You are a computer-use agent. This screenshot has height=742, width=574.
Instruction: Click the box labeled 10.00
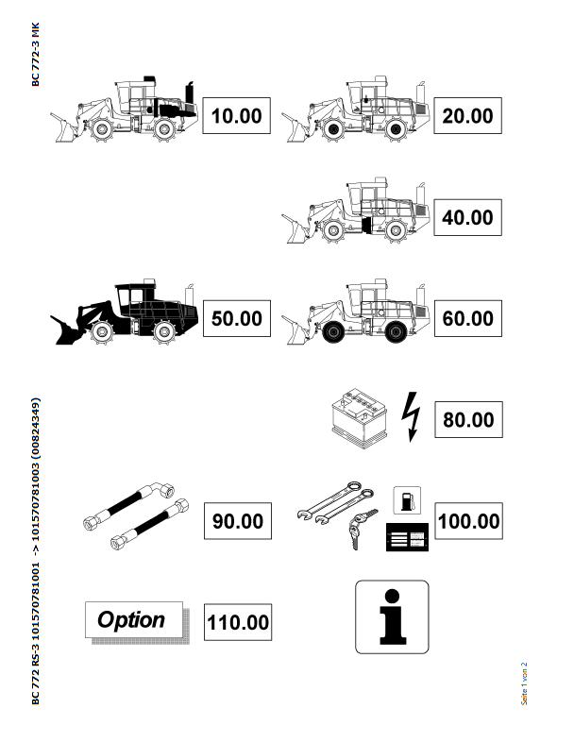click(x=237, y=116)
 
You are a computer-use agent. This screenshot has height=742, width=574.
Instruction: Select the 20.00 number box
click(x=467, y=116)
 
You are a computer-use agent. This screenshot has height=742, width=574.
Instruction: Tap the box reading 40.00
click(x=467, y=218)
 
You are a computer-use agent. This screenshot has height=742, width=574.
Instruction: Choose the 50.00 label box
click(x=237, y=318)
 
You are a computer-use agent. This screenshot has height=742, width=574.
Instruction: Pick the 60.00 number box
click(x=468, y=318)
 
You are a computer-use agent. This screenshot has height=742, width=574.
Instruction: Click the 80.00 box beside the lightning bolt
click(x=468, y=420)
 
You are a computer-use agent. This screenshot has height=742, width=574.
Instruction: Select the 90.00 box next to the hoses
click(x=238, y=521)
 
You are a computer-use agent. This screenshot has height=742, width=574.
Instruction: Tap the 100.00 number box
click(x=468, y=521)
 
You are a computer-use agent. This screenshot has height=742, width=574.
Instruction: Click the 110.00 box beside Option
click(x=238, y=622)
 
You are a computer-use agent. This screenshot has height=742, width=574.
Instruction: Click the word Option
click(x=131, y=620)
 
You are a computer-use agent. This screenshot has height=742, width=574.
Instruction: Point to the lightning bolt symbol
click(x=411, y=416)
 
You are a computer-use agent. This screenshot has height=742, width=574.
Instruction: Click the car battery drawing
click(x=360, y=418)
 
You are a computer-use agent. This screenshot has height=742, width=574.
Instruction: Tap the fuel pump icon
click(x=407, y=500)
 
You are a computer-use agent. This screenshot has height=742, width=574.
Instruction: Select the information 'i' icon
click(x=393, y=617)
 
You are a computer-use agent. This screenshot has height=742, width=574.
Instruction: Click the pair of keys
click(x=361, y=528)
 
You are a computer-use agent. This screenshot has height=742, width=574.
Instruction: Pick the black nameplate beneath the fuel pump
click(x=408, y=537)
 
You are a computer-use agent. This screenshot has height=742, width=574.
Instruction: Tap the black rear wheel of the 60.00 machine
click(x=396, y=331)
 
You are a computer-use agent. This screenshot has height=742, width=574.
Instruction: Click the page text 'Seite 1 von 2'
click(x=524, y=683)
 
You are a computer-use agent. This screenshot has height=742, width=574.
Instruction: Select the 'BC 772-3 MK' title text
click(x=36, y=55)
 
